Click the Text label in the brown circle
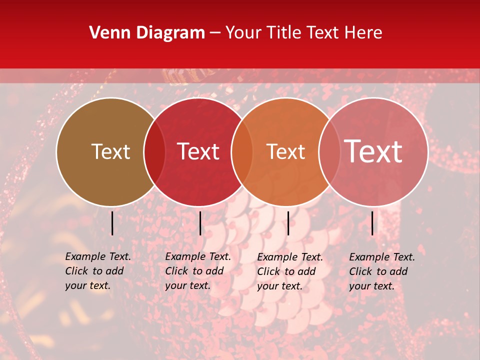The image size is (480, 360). coord(110,151)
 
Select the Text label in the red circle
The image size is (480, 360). coord(198,151)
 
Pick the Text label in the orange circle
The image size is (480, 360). coord(285,151)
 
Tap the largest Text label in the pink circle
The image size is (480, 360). coord(373,151)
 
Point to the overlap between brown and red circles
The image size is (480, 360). coord(154,151)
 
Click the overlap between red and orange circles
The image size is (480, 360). coord(242,151)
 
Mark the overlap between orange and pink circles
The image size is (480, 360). coord(329,151)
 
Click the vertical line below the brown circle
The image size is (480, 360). coord(112,223)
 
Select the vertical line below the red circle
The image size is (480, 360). coord(200,223)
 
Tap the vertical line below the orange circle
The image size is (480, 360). coord(288,223)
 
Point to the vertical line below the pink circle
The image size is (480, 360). coord(372,223)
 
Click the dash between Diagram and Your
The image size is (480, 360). coord(215,33)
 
